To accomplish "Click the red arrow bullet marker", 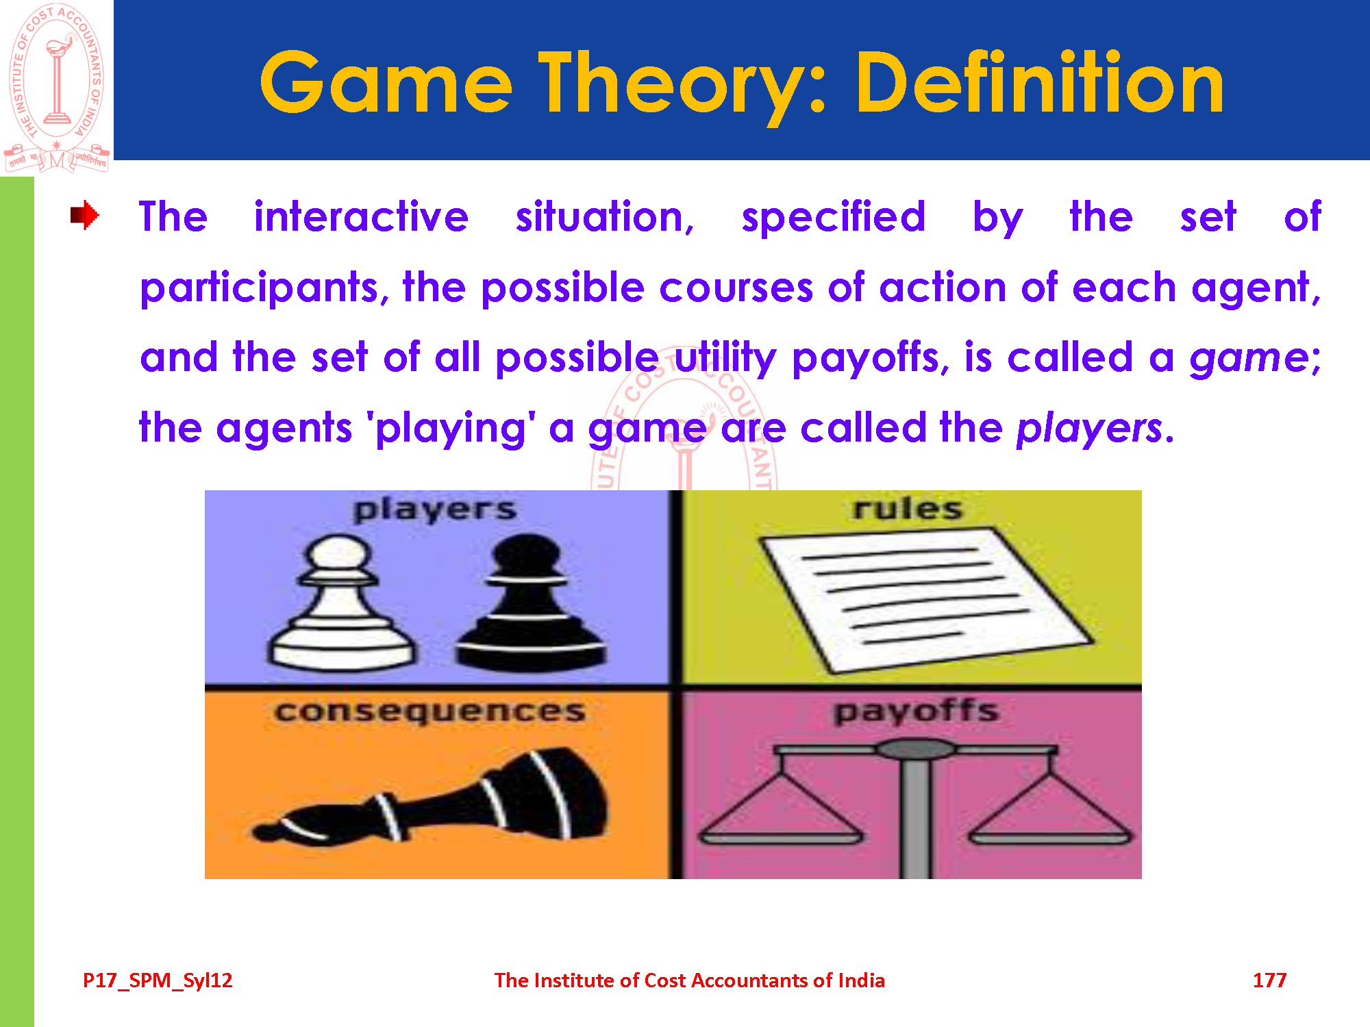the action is click(x=85, y=215).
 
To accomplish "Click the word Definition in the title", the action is click(x=1040, y=83).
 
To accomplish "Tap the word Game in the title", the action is click(x=386, y=83).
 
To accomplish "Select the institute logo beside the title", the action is click(x=57, y=87).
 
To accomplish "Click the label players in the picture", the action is click(x=435, y=510).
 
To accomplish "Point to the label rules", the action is click(x=908, y=509).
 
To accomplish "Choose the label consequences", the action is click(x=430, y=712).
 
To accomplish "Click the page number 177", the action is click(x=1269, y=980).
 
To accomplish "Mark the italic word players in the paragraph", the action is click(x=1089, y=429).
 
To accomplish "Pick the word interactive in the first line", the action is click(x=361, y=217).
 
